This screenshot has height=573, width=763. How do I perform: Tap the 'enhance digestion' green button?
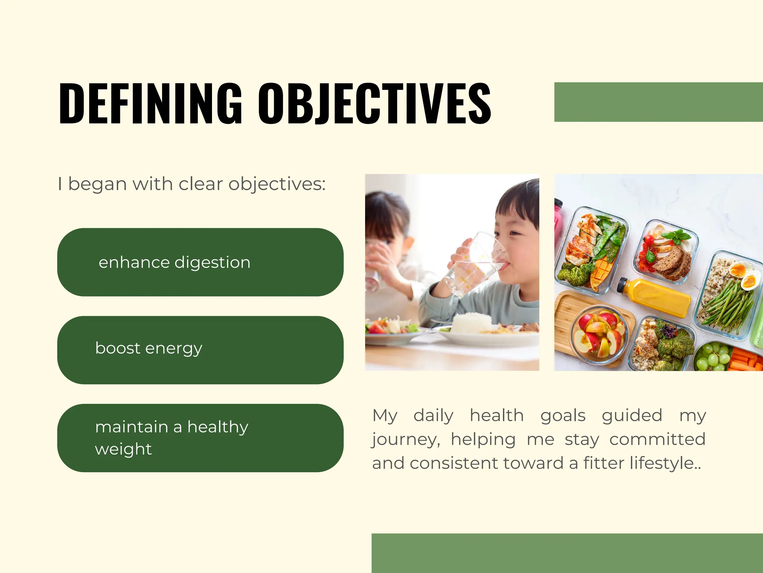pos(200,262)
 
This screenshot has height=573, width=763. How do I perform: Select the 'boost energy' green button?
pos(200,350)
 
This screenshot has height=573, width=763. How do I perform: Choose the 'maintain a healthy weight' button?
pos(200,438)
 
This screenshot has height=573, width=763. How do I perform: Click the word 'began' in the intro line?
pos(97,184)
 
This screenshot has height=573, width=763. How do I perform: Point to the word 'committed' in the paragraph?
pos(657,439)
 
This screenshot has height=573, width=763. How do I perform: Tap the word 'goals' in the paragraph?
pos(563,415)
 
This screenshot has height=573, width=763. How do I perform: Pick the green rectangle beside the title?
pos(658,102)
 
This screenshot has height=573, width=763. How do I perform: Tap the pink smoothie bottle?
pos(558,220)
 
